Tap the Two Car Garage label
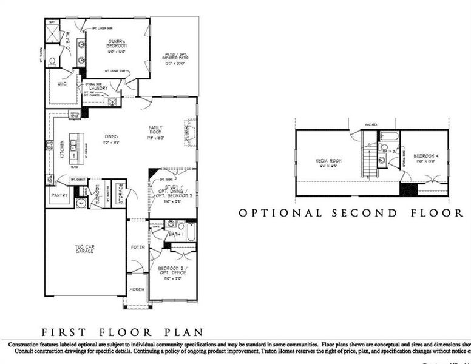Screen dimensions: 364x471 [84, 248]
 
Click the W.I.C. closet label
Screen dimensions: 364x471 [62, 84]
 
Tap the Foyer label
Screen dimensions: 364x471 [137, 248]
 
